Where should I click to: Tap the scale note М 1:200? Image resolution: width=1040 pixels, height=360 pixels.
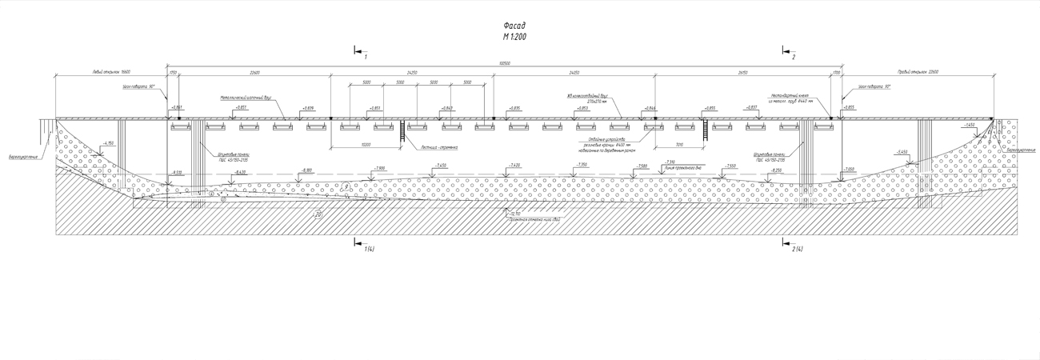pos(514,37)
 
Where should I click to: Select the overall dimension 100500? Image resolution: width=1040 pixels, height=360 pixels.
pos(504,64)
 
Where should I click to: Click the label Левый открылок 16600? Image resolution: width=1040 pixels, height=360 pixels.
pos(111,73)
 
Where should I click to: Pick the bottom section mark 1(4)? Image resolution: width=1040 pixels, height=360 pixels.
pos(370,250)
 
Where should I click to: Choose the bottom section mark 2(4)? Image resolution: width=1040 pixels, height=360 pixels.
pos(797,250)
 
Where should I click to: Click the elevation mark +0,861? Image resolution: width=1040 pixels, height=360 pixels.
pos(176,106)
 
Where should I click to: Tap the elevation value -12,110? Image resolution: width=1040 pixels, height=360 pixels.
pos(513,213)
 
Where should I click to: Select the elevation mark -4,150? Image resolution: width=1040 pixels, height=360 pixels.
pos(109,142)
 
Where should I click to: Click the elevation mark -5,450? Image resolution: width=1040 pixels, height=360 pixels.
pos(902,151)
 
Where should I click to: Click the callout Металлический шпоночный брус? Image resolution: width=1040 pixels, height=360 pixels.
pos(247,98)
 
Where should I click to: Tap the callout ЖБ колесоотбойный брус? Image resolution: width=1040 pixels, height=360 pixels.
pos(589,95)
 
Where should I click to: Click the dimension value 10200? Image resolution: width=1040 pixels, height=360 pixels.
pos(366,145)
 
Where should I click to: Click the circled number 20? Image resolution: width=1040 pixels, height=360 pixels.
pos(318,214)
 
